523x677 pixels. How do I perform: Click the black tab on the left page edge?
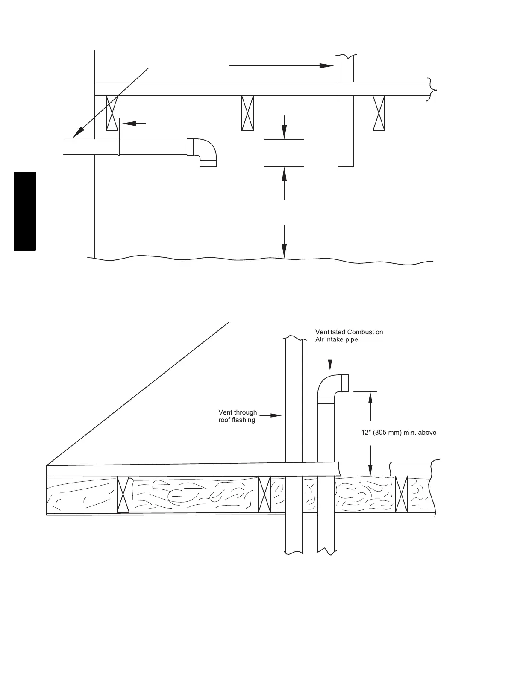25,211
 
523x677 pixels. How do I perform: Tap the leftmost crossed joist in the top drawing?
112,113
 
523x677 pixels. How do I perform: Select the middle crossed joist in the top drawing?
247,113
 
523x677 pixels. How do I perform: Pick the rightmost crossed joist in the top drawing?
379,113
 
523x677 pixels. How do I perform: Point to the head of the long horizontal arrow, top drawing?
327,66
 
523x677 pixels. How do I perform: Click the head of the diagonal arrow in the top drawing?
76,134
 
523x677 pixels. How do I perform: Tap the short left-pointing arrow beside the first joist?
134,123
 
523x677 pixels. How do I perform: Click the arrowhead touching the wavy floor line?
284,253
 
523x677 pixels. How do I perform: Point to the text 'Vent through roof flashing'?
238,416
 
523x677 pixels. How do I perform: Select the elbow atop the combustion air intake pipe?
331,387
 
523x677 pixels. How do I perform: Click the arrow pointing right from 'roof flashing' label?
271,415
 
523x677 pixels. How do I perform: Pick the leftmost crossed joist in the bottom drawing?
123,495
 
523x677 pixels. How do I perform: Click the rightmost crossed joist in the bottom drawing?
402,494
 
